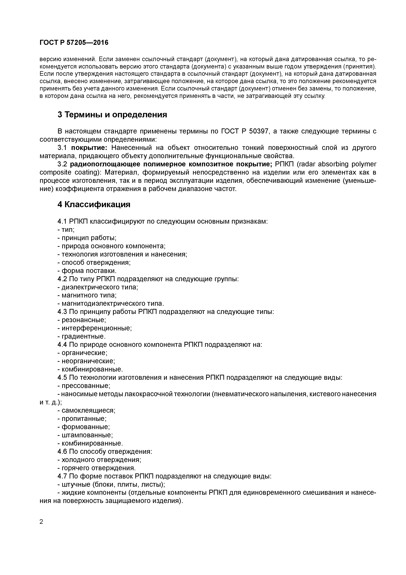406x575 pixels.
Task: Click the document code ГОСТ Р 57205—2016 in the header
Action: coord(74,43)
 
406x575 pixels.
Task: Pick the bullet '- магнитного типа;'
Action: coord(87,295)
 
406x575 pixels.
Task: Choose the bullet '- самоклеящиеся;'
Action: coord(86,410)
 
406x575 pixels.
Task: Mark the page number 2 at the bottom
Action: coord(42,522)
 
